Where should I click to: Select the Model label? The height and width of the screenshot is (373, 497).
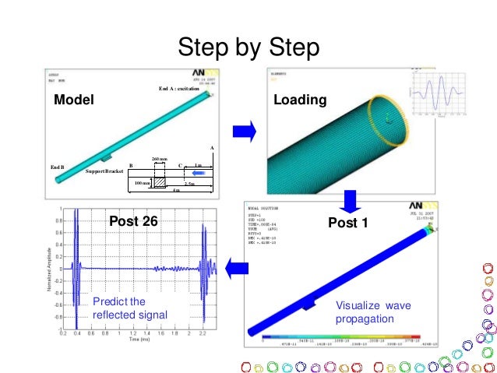click(x=74, y=101)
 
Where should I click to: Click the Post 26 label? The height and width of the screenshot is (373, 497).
click(x=132, y=222)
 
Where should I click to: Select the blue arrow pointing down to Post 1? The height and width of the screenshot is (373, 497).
click(x=350, y=201)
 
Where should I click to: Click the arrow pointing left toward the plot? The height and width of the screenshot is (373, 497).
click(x=237, y=269)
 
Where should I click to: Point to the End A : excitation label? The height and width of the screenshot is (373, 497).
click(x=179, y=90)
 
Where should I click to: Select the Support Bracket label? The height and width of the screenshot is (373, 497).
click(x=104, y=171)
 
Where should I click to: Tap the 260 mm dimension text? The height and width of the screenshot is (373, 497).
click(x=160, y=159)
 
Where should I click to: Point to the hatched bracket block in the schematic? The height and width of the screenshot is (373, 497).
click(x=160, y=181)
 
